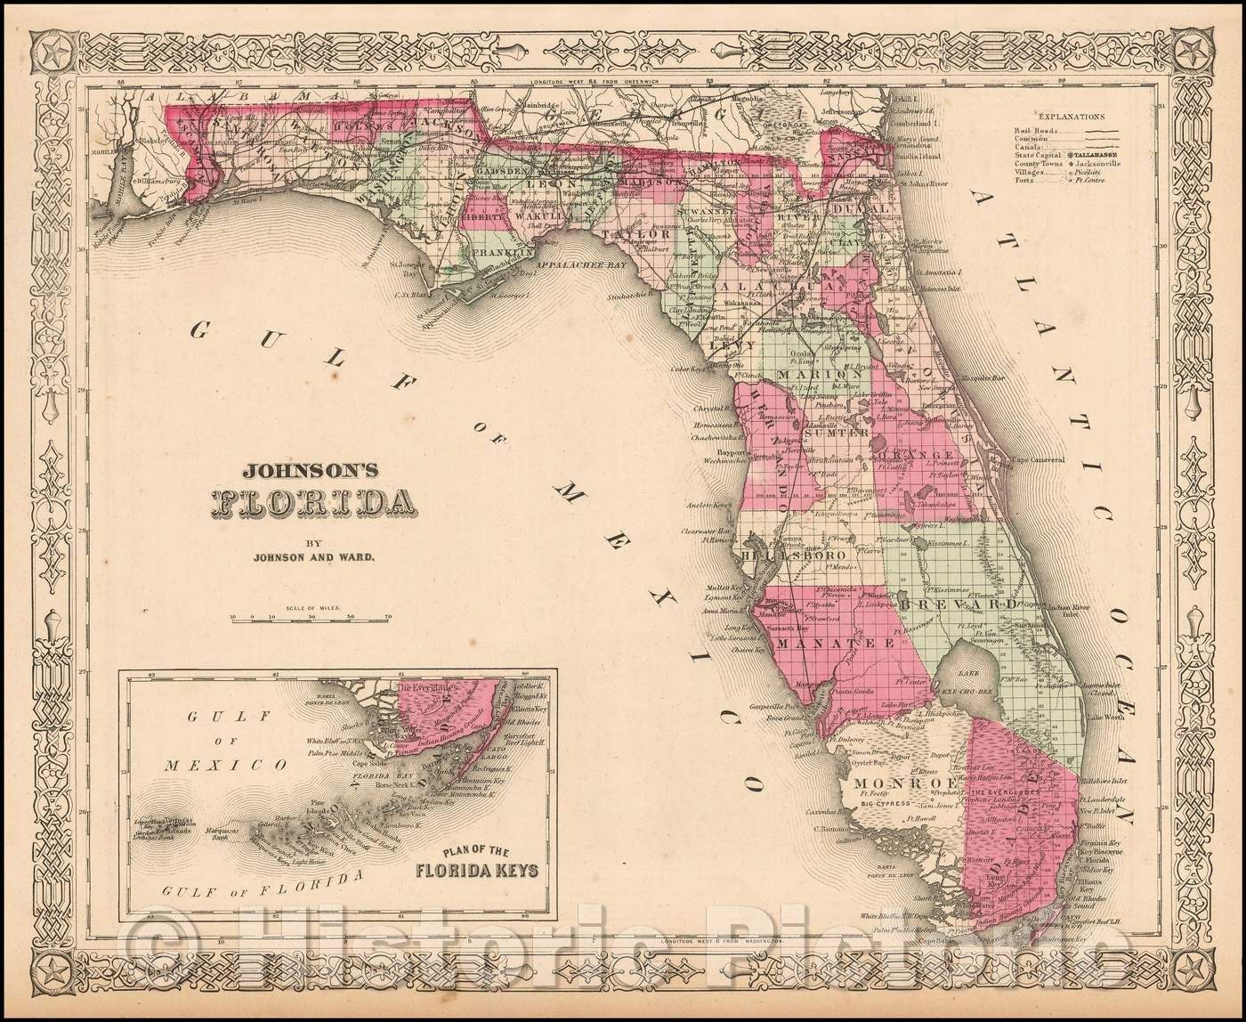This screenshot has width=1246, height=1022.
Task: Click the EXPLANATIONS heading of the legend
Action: pos(1071,116)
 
